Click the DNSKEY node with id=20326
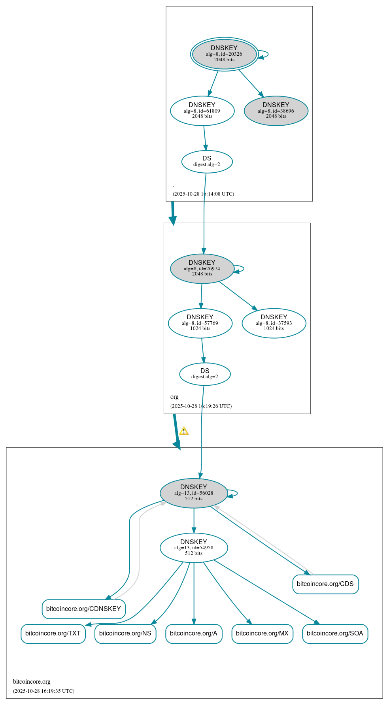pos(224,54)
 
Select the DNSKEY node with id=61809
pos(202,111)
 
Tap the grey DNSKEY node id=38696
pos(276,111)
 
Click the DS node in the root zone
pos(207,161)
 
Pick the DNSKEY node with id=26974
pos(202,268)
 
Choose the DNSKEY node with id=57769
pos(200,323)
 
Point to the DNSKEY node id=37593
pos(274,323)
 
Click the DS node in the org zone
pos(205,374)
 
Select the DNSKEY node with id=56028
pos(194,493)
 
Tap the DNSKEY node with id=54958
pos(194,547)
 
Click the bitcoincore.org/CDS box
pos(325,584)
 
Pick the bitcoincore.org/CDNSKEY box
pos(83,609)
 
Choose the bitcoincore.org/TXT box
pos(53,633)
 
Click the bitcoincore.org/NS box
pos(125,633)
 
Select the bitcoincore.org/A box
pos(194,633)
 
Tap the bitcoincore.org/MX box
pos(262,633)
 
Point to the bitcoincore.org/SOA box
pos(335,633)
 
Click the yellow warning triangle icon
pos(184,431)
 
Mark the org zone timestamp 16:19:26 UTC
pos(201,406)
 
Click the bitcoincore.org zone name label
pos(32,682)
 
